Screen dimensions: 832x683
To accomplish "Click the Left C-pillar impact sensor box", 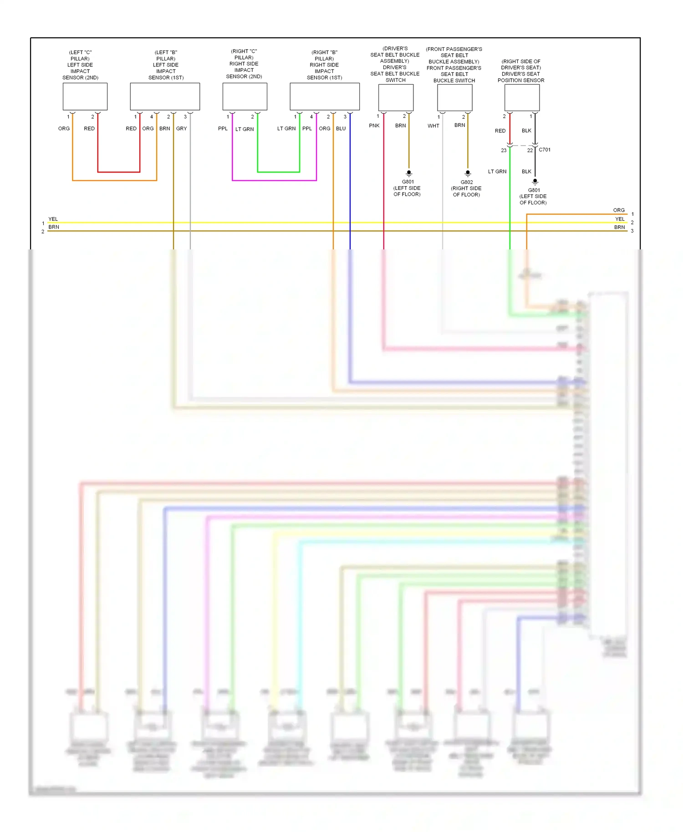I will (85, 96).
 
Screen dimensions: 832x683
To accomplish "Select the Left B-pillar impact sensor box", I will (165, 96).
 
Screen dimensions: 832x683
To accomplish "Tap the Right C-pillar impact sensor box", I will (245, 96).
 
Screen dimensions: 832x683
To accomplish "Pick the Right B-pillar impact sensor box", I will (325, 96).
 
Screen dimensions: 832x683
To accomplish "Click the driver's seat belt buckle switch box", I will (396, 97).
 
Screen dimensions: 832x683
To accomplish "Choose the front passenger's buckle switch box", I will (454, 97).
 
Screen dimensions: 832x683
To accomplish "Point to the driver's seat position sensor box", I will (522, 97).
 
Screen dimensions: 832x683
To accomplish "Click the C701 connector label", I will (545, 150).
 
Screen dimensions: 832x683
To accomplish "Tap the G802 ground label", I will (467, 182).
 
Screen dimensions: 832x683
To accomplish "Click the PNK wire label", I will (374, 126).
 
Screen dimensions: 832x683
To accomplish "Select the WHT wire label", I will (433, 126).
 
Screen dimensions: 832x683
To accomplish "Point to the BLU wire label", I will (341, 129).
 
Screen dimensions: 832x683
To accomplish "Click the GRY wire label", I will (181, 129).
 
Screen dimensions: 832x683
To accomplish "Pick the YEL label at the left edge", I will (53, 219).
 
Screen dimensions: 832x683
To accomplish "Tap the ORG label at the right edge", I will (619, 210).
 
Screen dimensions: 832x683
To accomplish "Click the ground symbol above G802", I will (468, 173).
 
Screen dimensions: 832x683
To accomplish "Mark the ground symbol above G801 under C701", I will (535, 181).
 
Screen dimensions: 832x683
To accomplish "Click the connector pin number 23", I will (504, 150).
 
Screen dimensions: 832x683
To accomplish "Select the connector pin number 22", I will (530, 150).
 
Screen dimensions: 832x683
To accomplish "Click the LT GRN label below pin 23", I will (497, 172).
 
